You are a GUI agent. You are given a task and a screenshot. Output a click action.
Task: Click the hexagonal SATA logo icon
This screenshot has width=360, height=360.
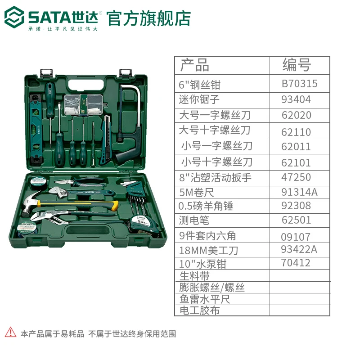click(x=14, y=17)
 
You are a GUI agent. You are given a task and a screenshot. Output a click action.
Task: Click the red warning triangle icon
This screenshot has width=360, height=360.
click(x=10, y=332)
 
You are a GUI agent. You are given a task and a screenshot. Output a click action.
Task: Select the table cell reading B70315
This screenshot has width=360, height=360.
click(x=299, y=84)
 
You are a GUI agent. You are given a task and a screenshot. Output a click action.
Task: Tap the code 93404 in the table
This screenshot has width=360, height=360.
click(x=296, y=99)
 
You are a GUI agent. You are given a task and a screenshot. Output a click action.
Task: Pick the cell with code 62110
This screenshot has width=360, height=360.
click(x=296, y=132)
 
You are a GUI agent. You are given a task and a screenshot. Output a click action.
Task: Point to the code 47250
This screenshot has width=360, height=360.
click(x=296, y=177)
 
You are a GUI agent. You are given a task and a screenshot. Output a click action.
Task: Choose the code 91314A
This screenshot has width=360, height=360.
click(x=299, y=192)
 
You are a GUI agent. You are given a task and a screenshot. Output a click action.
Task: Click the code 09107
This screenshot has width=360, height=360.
click(x=296, y=237)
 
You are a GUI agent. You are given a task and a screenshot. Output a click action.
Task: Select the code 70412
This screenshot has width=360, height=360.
click(x=296, y=263)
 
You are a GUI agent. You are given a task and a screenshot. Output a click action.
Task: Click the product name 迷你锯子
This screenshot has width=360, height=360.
click(x=199, y=99)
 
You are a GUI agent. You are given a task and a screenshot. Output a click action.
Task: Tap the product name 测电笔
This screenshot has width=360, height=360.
click(x=194, y=220)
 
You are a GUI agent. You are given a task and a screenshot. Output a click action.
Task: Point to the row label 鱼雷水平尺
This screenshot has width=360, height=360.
click(x=205, y=299)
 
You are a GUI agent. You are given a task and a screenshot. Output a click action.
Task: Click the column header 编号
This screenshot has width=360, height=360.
click(x=297, y=65)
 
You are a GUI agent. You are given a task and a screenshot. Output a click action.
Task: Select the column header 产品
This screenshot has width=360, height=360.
click(x=195, y=65)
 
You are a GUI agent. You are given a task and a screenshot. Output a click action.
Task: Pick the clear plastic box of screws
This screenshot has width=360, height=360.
click(x=83, y=104)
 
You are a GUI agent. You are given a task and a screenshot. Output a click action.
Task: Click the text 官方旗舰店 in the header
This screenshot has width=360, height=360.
click(x=148, y=18)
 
